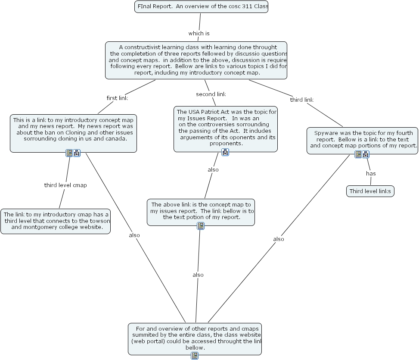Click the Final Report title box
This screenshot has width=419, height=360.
(201, 7)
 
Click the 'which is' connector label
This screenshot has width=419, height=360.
(199, 33)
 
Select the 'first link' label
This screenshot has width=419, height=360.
(117, 98)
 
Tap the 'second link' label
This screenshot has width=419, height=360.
(211, 94)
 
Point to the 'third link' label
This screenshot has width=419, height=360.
(301, 100)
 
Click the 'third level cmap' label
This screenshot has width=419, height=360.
(65, 185)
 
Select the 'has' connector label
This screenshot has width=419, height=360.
(371, 173)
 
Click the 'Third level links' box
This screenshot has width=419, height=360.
(370, 191)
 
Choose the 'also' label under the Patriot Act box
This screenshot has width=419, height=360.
(213, 169)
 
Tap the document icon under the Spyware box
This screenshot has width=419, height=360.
(358, 154)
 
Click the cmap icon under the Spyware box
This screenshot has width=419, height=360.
(366, 154)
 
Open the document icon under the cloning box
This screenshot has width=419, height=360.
(69, 153)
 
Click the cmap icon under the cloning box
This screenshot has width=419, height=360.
(77, 153)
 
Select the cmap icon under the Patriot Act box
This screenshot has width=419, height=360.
(225, 152)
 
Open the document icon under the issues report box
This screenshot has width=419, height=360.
(200, 225)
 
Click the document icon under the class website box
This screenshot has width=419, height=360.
(195, 355)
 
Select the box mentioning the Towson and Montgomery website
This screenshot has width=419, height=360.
(56, 221)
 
